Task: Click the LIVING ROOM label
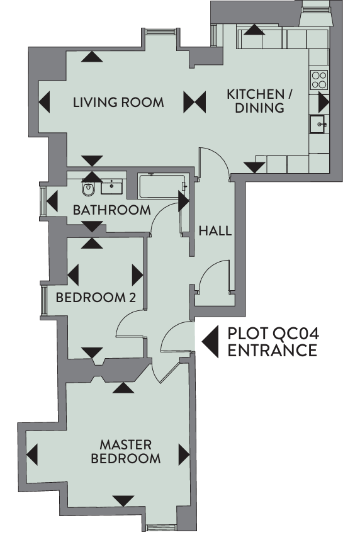tap(118, 103)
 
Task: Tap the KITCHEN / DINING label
tap(260, 101)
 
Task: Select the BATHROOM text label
tap(112, 210)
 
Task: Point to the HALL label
tap(215, 231)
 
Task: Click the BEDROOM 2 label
tap(96, 298)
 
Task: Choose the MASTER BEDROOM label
tap(126, 451)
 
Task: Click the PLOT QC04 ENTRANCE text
tap(273, 342)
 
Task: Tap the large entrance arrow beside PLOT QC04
tap(210, 342)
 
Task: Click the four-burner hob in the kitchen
tap(319, 80)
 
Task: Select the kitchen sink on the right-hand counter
tap(318, 124)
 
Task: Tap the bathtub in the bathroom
tap(162, 186)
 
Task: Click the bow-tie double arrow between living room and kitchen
tap(194, 102)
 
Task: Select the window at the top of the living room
tap(161, 31)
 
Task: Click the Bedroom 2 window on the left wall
tap(43, 300)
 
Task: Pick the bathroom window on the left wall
tap(43, 201)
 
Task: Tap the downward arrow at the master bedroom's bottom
tap(123, 501)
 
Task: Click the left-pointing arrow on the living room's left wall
tap(44, 102)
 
